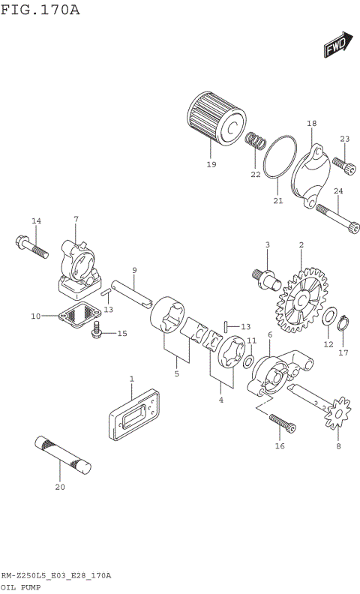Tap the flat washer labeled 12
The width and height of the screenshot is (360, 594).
tap(329, 318)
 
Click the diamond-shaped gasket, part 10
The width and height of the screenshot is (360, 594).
tap(79, 314)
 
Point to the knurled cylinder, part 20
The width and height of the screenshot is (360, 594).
tap(64, 454)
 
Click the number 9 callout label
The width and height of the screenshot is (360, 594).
tap(134, 270)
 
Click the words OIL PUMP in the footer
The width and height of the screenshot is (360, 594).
tap(20, 587)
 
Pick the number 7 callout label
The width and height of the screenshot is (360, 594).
tap(76, 219)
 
